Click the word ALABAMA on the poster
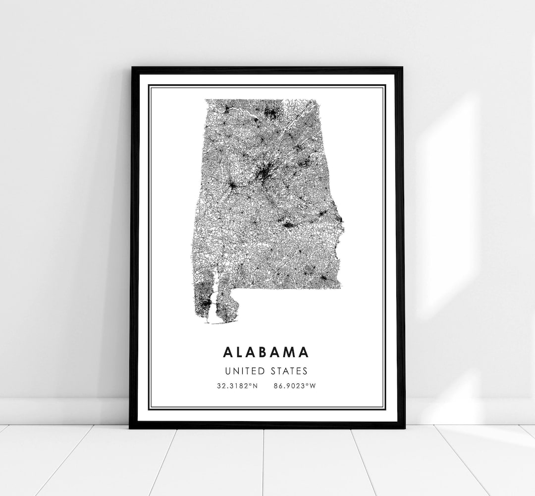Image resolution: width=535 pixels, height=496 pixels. coord(266,352)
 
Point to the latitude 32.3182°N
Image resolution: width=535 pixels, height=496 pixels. coord(237,386)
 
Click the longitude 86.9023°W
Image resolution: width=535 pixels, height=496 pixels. coord(294,386)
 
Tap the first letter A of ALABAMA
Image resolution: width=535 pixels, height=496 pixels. coord(227,352)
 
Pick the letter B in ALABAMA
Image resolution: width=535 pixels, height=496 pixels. coord(266,352)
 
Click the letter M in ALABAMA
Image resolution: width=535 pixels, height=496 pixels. coord(291,352)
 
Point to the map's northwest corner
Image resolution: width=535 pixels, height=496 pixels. coord(206,100)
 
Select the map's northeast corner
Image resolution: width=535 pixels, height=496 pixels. coord(316,100)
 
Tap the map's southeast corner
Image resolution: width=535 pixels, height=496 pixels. coord(341,288)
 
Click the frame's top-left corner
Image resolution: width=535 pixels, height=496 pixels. coord(132,68)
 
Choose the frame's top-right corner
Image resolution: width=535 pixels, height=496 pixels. coord(402,68)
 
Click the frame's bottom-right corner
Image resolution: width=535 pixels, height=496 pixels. coord(405,427)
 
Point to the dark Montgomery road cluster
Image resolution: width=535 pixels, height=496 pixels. coord(287,226)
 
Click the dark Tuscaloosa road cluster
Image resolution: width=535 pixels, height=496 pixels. coord(232,186)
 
